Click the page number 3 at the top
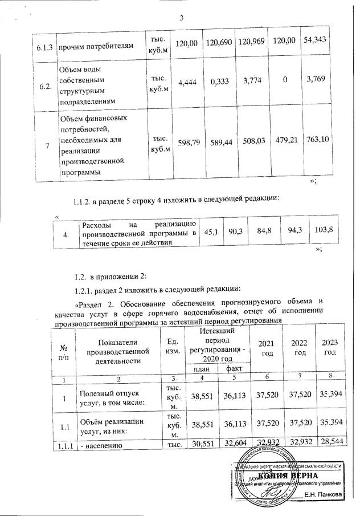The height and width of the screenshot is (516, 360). click(181, 17)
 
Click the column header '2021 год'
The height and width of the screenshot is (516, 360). click(265, 346)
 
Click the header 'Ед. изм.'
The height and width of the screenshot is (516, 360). click(170, 351)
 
